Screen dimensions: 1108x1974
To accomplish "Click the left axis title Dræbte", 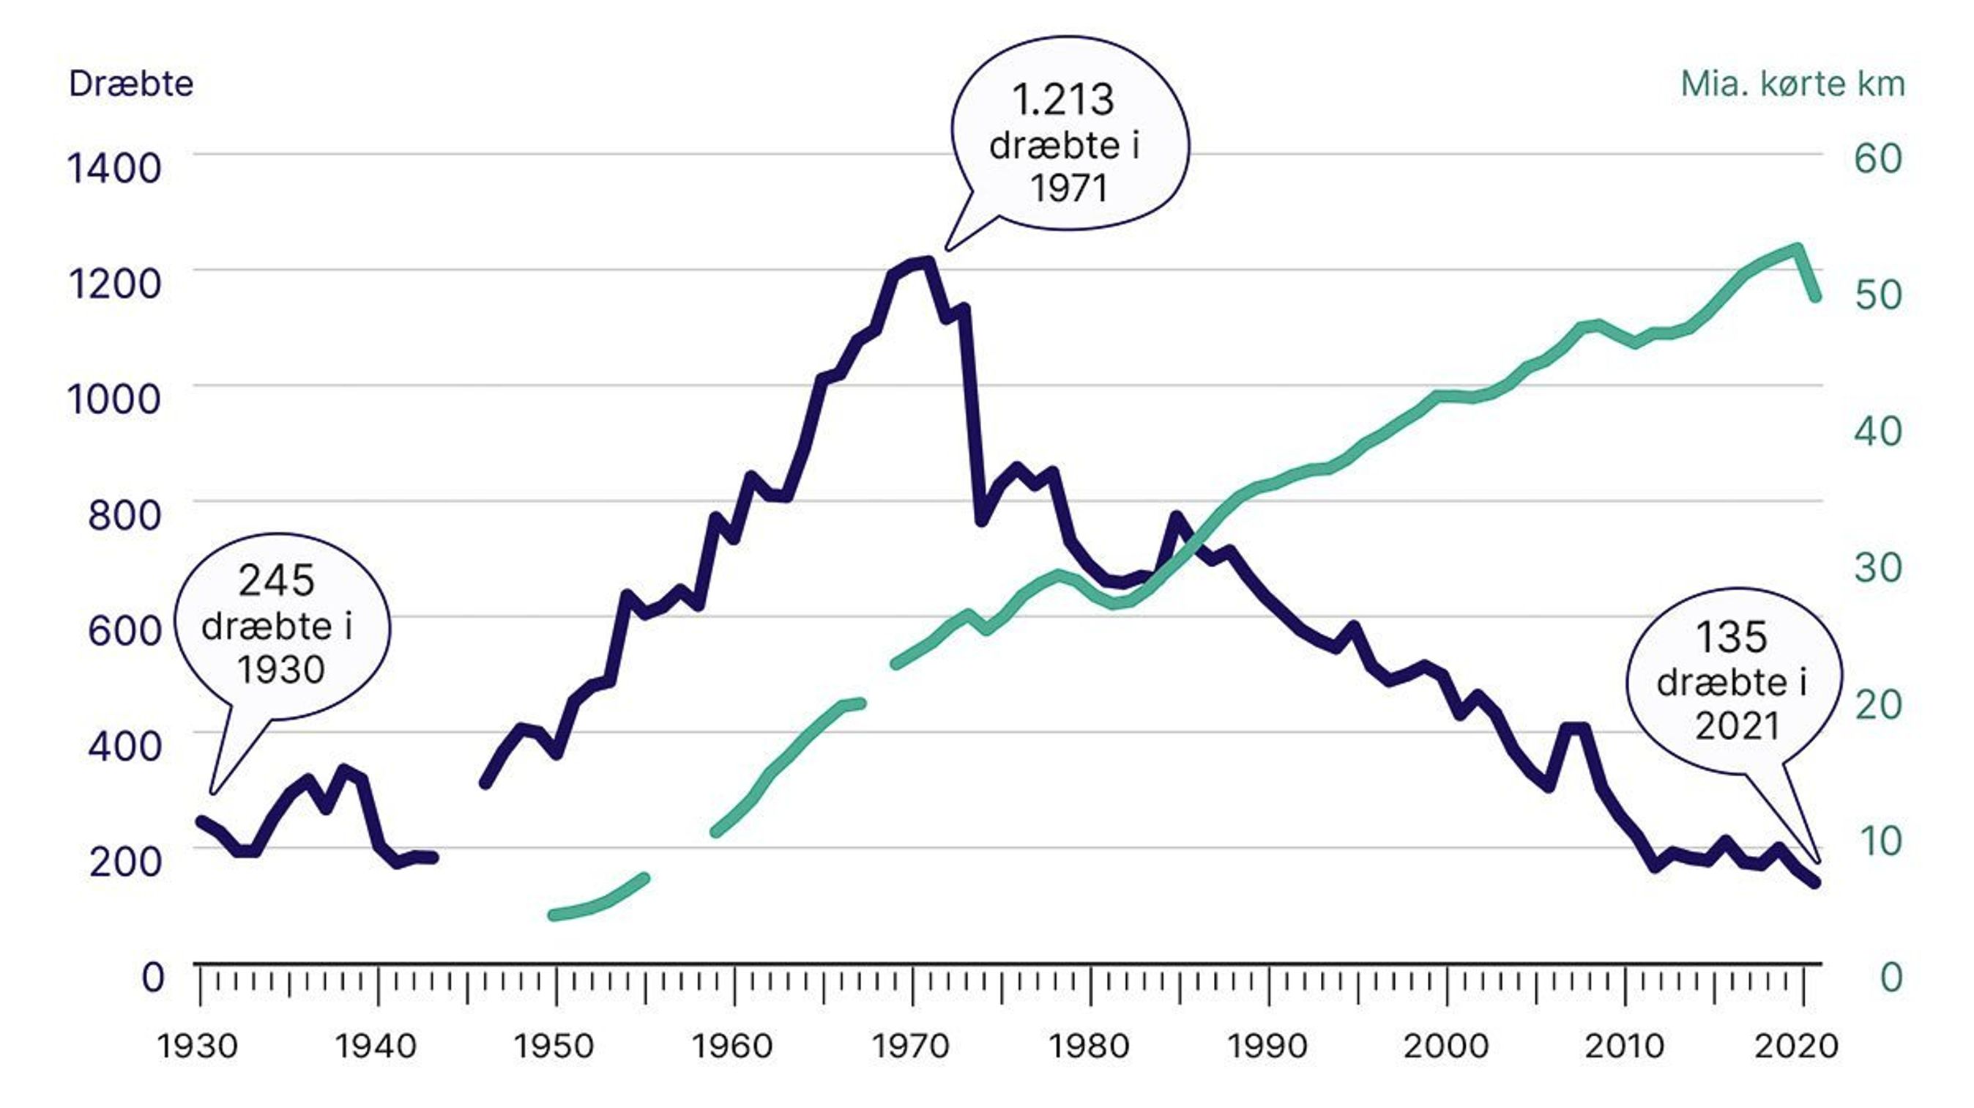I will pyautogui.click(x=131, y=83).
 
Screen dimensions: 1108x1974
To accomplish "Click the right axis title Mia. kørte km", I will pyautogui.click(x=1792, y=83).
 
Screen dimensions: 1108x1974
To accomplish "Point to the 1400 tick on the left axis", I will pyautogui.click(x=114, y=167).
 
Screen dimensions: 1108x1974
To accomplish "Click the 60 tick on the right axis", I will pyautogui.click(x=1877, y=158).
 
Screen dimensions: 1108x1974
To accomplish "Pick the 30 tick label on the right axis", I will pyautogui.click(x=1877, y=567).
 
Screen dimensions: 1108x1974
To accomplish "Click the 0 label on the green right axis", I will pyautogui.click(x=1891, y=977).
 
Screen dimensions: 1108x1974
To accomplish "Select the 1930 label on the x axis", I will pyautogui.click(x=198, y=1046).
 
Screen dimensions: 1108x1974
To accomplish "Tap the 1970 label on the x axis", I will pyautogui.click(x=911, y=1046).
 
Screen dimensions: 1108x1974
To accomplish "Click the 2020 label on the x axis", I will pyautogui.click(x=1796, y=1046).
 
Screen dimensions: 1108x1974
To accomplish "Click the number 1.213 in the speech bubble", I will pyautogui.click(x=1063, y=100).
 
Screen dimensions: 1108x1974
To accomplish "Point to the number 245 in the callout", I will pyautogui.click(x=276, y=580).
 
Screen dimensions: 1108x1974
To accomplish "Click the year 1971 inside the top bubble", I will pyautogui.click(x=1068, y=188).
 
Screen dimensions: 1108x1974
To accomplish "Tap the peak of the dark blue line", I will pyautogui.click(x=928, y=263).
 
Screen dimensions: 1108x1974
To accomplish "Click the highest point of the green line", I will pyautogui.click(x=1797, y=249).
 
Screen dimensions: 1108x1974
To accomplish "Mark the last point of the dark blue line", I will pyautogui.click(x=1814, y=882).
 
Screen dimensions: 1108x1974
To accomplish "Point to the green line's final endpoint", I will pyautogui.click(x=1814, y=297).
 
